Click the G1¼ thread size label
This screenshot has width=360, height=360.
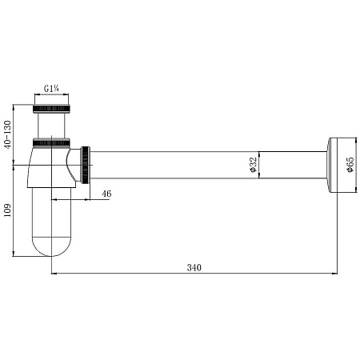tap(51, 89)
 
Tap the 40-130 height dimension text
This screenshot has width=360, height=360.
tap(8, 134)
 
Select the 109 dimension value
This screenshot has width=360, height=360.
tap(7, 210)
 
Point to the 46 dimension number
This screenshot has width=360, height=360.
tap(106, 194)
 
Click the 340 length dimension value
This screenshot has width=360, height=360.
tap(194, 267)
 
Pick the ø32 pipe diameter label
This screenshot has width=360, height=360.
tap(254, 165)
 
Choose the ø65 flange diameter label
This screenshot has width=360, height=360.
tap(350, 165)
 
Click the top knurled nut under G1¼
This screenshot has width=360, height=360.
tap(52, 109)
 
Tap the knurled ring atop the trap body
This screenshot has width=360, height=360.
tap(51, 142)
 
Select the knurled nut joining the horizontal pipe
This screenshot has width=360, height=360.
tap(86, 165)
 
